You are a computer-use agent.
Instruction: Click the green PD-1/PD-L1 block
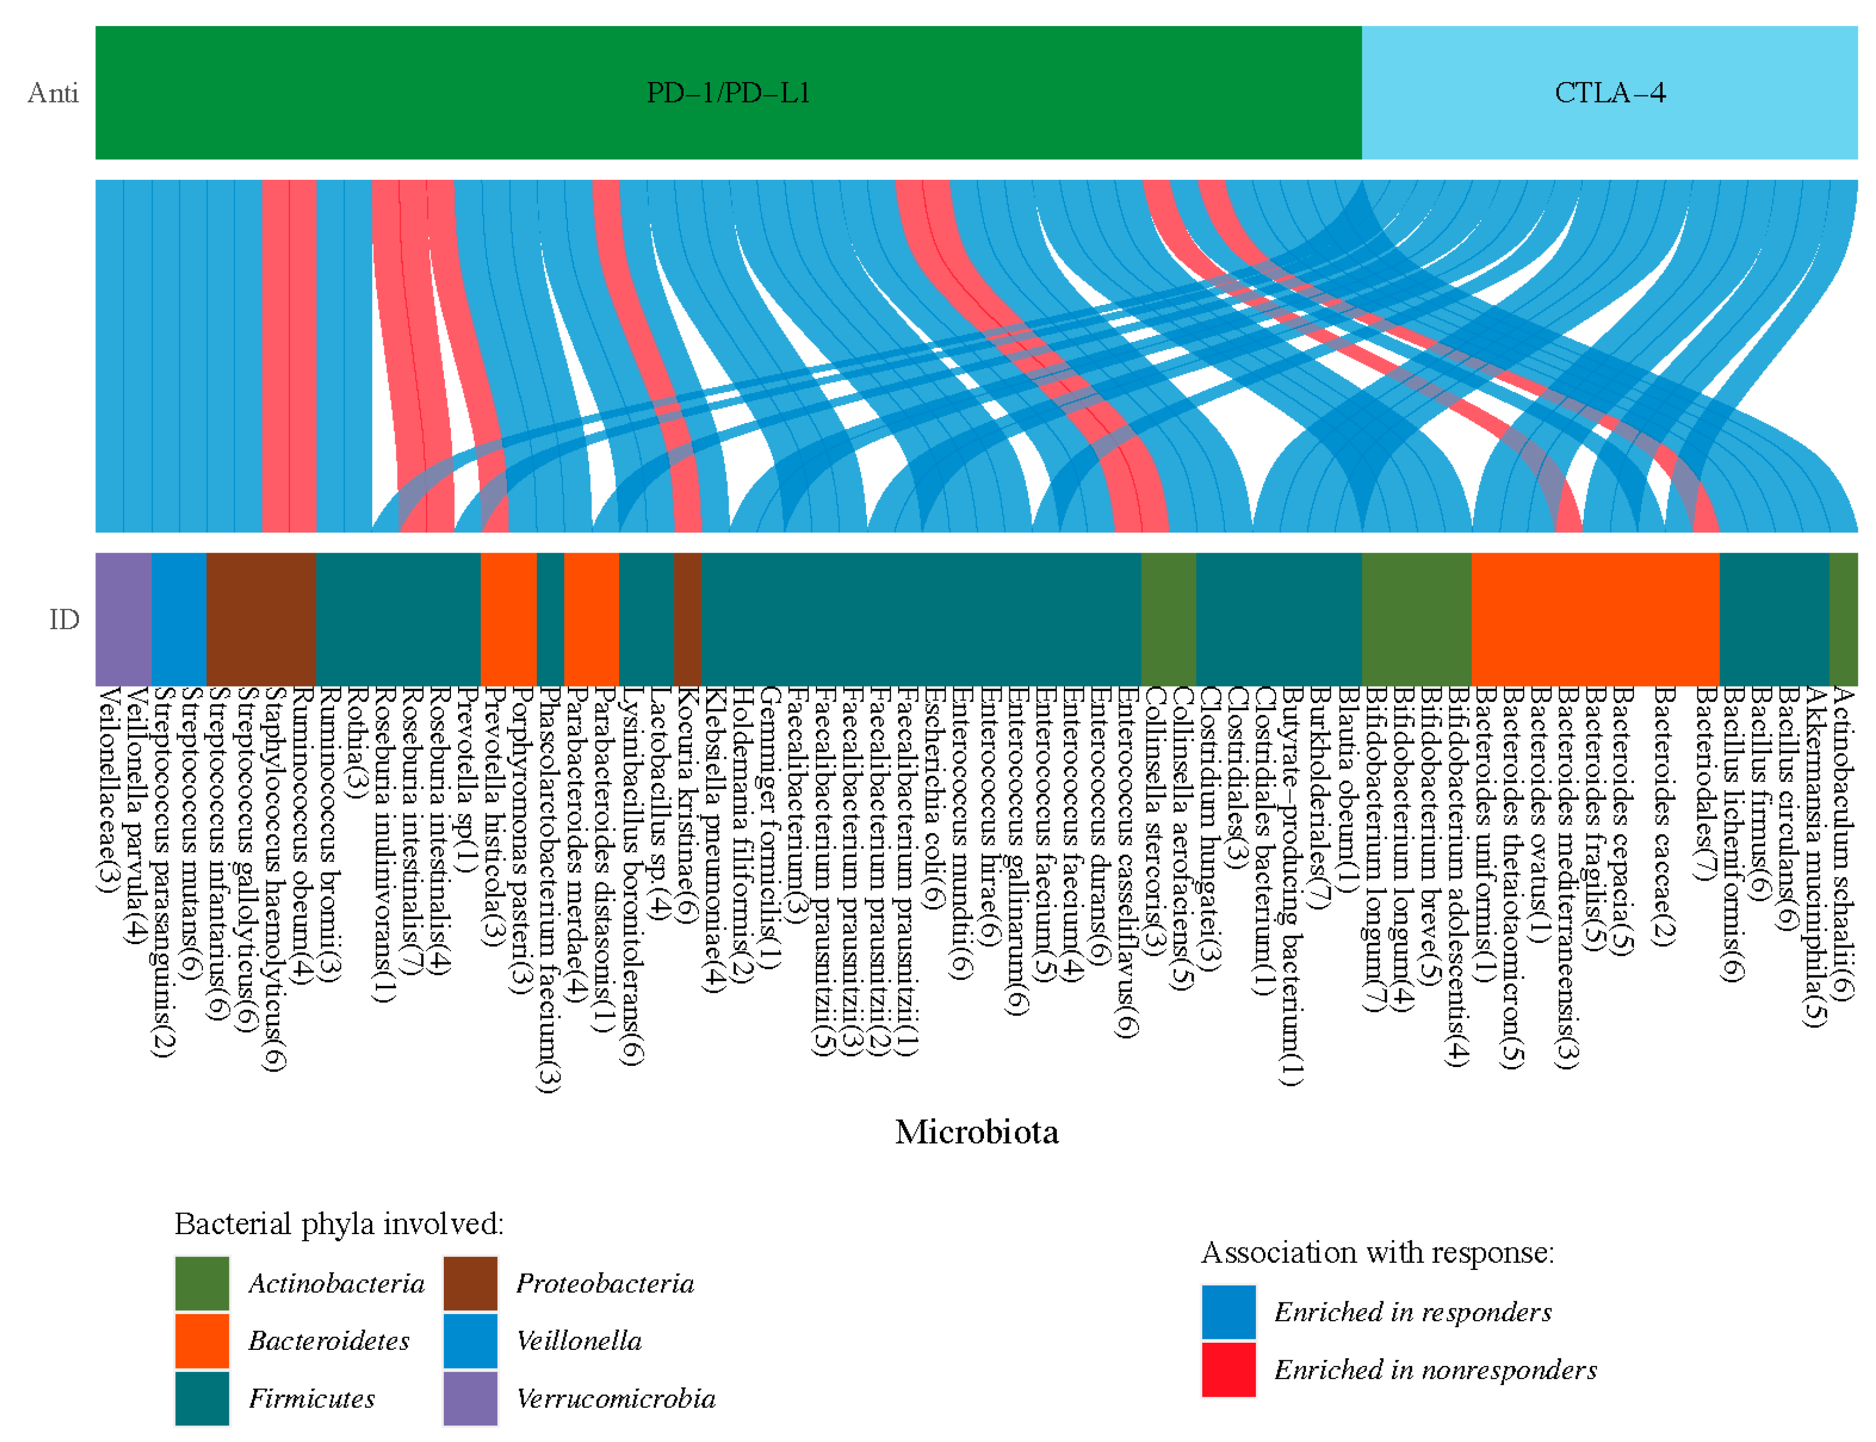[x=728, y=93]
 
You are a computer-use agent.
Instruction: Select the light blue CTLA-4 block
[x=1609, y=93]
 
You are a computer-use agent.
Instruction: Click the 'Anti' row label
[x=53, y=93]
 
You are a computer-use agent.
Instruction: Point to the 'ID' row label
[x=64, y=619]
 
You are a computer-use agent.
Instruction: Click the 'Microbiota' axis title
[x=977, y=1132]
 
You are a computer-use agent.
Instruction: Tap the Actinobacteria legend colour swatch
[x=202, y=1283]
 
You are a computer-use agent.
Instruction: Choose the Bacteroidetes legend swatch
[x=202, y=1341]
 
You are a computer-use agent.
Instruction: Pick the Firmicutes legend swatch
[x=202, y=1398]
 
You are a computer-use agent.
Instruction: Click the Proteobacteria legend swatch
[x=470, y=1283]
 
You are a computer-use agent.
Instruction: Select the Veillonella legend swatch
[x=470, y=1341]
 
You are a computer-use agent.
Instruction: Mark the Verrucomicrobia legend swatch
[x=470, y=1398]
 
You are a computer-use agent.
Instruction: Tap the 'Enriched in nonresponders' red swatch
[x=1228, y=1370]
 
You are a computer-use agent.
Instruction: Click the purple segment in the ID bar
[x=123, y=619]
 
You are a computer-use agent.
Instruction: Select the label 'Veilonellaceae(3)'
[x=107, y=790]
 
